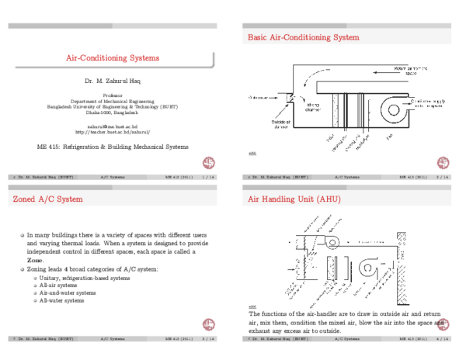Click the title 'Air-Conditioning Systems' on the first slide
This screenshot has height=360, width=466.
(113, 58)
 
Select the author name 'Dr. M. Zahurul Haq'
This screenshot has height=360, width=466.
(113, 80)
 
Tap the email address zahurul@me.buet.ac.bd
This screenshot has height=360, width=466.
(113, 126)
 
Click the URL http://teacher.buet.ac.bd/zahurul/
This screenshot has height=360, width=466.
(113, 132)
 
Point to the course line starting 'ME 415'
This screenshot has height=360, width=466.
(113, 147)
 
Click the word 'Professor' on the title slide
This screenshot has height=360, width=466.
(113, 95)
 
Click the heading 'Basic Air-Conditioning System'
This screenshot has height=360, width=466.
(303, 37)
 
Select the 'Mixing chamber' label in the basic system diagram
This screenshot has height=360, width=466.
(312, 106)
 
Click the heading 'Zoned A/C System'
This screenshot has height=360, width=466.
(47, 199)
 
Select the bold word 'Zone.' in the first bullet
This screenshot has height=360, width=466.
(35, 261)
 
